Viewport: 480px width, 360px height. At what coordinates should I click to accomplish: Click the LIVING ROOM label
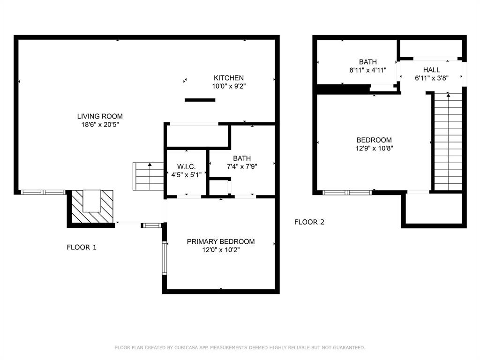100,116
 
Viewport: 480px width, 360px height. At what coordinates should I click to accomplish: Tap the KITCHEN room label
229,78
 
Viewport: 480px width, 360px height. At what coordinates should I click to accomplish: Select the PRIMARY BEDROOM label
221,241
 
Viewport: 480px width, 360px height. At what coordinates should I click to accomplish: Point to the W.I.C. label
186,167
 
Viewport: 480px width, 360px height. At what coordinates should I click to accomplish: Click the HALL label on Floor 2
432,70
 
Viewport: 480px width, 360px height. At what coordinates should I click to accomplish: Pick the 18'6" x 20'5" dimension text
100,125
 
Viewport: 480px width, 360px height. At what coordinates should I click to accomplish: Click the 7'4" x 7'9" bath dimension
242,166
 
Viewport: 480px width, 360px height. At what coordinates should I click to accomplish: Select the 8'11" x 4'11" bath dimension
368,70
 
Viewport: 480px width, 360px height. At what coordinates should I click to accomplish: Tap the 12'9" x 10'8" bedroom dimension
374,149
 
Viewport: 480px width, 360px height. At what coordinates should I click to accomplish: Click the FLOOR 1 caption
82,247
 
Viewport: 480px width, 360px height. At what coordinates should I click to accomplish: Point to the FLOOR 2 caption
309,222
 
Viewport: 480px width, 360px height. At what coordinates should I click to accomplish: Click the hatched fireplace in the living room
92,207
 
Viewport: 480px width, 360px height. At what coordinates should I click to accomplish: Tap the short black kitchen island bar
200,100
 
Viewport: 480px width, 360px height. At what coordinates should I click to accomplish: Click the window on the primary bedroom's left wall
165,257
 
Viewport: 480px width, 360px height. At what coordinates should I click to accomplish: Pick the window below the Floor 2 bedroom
347,193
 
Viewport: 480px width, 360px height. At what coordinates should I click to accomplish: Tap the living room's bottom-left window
43,192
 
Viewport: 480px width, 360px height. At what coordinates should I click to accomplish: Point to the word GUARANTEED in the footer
349,347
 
